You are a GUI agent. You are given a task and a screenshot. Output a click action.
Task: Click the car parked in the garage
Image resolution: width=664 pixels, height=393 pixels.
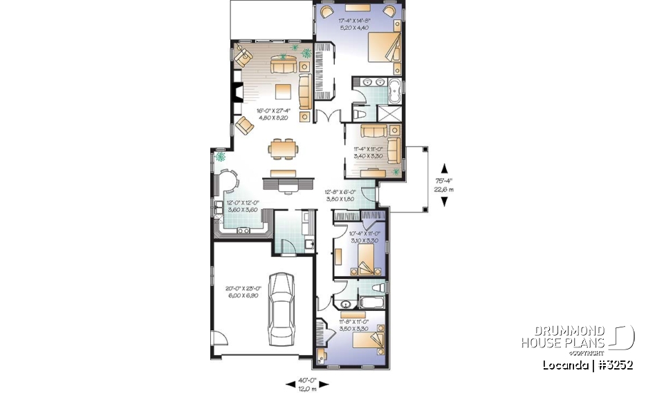click(x=282, y=309)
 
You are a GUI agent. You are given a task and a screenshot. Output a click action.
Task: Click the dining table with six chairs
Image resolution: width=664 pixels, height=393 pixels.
click(x=284, y=148)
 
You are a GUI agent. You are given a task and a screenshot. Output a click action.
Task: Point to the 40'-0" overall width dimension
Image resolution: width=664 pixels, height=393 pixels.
click(x=307, y=383)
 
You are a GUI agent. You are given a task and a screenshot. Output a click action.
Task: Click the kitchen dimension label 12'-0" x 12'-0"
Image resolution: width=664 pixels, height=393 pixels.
click(x=242, y=207)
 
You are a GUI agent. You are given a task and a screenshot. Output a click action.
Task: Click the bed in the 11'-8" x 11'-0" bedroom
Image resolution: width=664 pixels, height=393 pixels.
click(x=371, y=341)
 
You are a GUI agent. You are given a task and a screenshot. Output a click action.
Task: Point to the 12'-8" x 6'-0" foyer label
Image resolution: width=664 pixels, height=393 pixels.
click(x=340, y=195)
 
